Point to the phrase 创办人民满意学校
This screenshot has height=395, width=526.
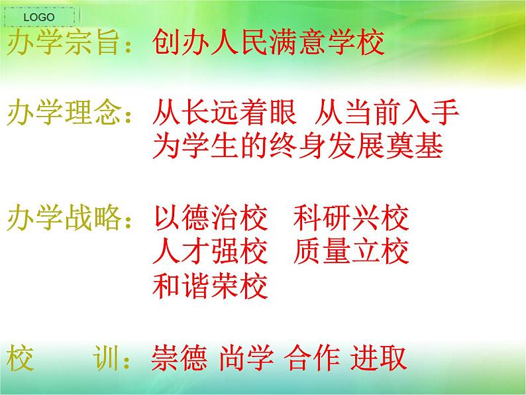[268, 44]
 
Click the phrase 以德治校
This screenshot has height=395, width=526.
[210, 218]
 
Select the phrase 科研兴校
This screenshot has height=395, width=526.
[350, 218]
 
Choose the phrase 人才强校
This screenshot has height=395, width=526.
[210, 253]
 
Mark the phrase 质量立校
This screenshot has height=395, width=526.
[350, 253]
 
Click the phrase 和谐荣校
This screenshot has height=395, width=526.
[210, 287]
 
